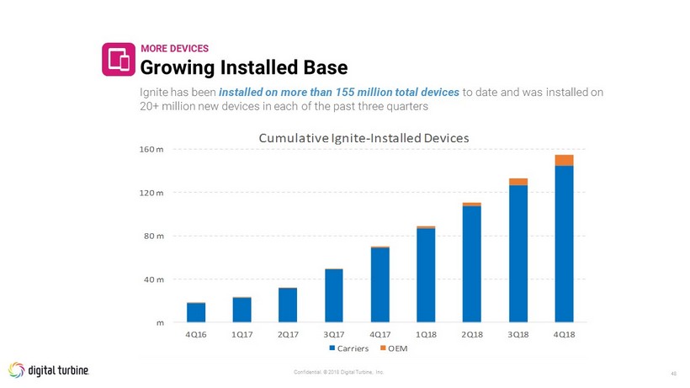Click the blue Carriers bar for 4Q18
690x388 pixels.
tap(564, 244)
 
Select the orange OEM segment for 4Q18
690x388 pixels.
tap(564, 161)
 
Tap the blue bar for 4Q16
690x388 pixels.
tap(196, 312)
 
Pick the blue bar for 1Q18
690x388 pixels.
tap(426, 275)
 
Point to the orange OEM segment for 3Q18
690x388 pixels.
tap(518, 182)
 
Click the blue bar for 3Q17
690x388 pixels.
tap(334, 295)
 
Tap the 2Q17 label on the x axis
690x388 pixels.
tap(288, 334)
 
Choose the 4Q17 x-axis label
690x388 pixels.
tap(379, 334)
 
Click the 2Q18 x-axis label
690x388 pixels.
tap(472, 334)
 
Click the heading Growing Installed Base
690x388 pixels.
tap(243, 65)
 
